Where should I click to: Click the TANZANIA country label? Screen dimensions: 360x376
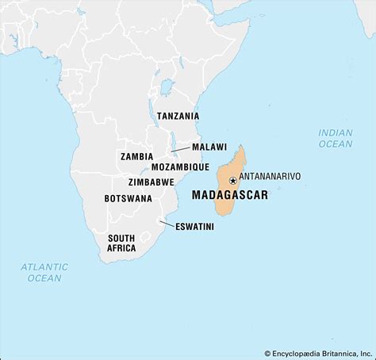178,116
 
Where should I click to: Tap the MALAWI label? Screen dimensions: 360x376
209,147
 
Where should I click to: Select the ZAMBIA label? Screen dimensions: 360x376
136,157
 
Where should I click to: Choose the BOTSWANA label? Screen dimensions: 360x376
128,199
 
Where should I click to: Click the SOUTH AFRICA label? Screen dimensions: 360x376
121,243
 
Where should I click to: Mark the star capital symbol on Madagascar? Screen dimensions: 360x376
232,181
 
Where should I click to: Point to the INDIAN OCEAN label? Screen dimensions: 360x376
336,138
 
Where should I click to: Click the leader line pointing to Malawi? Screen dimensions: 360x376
180,148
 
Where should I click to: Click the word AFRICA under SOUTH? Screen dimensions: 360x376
121,248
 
